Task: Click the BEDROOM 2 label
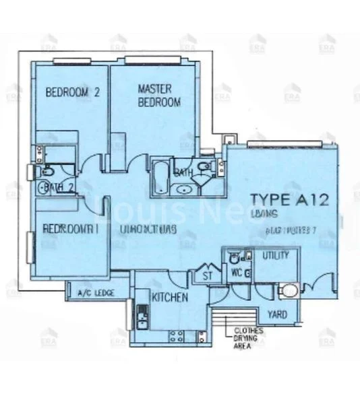tap(72, 93)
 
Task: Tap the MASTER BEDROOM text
tap(159, 95)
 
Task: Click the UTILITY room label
tap(276, 256)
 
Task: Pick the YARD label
tap(277, 314)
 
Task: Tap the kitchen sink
tap(142, 314)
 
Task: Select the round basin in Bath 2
tap(49, 188)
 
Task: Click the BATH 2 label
tap(59, 188)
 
